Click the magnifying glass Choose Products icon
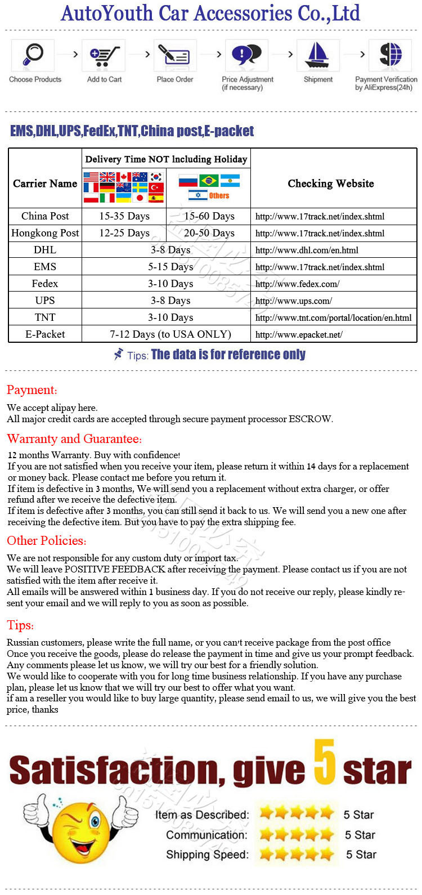pyautogui.click(x=33, y=55)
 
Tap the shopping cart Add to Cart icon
pyautogui.click(x=105, y=55)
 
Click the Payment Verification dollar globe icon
pyautogui.click(x=390, y=55)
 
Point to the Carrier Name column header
pyautogui.click(x=45, y=184)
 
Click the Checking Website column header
pyautogui.click(x=331, y=184)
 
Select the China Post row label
pyautogui.click(x=45, y=216)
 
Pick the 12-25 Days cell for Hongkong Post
pyautogui.click(x=124, y=233)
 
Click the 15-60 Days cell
pyautogui.click(x=209, y=216)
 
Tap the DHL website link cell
pyautogui.click(x=307, y=250)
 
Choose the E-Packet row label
pyautogui.click(x=45, y=334)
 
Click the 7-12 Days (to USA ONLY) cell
pyautogui.click(x=170, y=334)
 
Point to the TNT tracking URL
pyautogui.click(x=333, y=317)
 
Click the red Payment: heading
pyautogui.click(x=32, y=390)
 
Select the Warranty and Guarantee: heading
pyautogui.click(x=74, y=439)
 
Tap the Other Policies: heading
pyautogui.click(x=47, y=541)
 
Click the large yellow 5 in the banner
pyautogui.click(x=325, y=762)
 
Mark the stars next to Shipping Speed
pyautogui.click(x=297, y=854)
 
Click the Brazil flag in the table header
pyautogui.click(x=209, y=181)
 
